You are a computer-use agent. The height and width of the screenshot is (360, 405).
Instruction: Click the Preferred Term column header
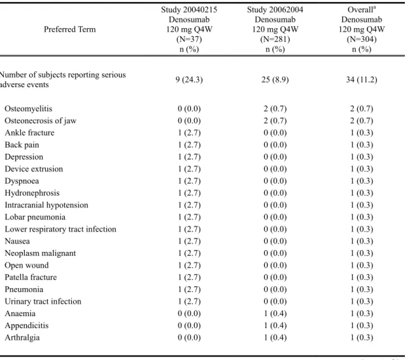pos(70,29)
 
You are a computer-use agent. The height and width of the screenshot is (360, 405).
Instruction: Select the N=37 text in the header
pos(189,39)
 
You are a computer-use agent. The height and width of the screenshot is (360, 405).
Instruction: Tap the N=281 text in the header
pos(275,39)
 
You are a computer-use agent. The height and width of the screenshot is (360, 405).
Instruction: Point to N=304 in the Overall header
pos(362,39)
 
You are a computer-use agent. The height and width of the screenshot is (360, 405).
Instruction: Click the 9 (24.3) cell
pos(189,80)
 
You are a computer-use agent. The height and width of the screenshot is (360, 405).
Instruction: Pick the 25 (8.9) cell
pos(275,80)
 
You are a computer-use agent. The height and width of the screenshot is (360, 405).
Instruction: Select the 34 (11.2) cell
pos(362,80)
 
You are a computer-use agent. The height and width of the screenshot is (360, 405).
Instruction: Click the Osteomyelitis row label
pos(29,109)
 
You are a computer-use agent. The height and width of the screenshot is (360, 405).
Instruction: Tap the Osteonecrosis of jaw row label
pos(41,121)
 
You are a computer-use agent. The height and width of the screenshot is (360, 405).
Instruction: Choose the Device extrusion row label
pos(34,169)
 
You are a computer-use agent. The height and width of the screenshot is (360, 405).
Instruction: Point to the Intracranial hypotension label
pos(46,205)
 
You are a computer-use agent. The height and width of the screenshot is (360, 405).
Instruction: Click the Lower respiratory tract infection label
pos(60,229)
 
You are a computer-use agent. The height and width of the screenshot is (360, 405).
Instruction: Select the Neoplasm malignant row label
pos(40,253)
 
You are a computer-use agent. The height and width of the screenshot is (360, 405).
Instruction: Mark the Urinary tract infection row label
pos(43,301)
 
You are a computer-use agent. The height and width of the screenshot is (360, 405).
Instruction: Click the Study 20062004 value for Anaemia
pos(275,314)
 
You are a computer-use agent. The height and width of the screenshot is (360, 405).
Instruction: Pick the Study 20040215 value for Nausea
pos(189,241)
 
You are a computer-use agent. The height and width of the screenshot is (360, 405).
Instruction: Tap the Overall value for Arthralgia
pos(362,338)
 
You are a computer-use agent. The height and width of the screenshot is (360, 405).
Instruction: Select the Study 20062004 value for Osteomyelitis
pos(275,109)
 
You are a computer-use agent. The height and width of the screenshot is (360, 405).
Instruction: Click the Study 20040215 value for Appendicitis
pos(189,326)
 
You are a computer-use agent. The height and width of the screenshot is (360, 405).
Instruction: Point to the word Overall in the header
pos(360,10)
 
